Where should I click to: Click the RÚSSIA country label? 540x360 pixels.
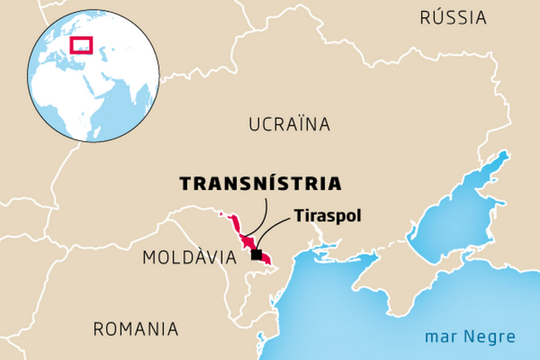coord(453,18)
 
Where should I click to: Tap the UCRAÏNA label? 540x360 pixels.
coord(289,125)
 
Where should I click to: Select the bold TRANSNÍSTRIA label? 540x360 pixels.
coord(260,184)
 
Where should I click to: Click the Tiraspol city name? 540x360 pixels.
coord(328,215)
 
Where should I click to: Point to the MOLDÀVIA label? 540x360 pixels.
coord(189,258)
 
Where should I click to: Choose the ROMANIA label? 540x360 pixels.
coord(136,328)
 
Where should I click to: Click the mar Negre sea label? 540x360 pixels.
coord(470,337)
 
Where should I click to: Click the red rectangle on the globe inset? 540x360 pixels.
coord(82,45)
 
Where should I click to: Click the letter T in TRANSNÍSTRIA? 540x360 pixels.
coord(185,184)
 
